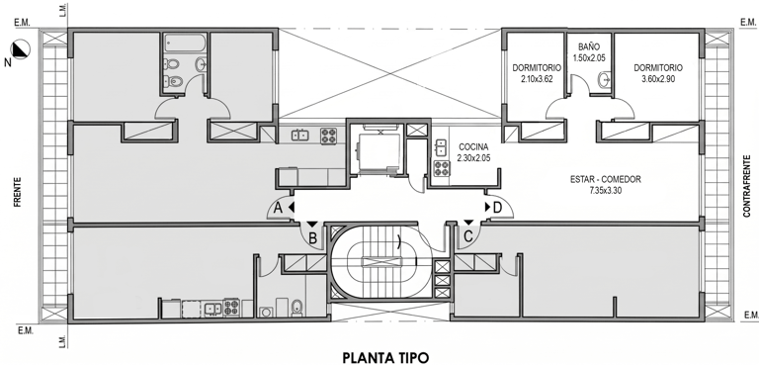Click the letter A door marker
[278, 208]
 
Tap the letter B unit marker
[312, 238]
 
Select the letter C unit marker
[468, 237]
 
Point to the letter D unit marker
[497, 208]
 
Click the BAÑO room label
[589, 47]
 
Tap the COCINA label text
[473, 146]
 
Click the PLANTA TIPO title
[385, 358]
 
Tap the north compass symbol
[22, 49]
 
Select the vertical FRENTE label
[18, 193]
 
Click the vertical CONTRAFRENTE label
[747, 186]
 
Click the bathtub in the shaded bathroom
[185, 43]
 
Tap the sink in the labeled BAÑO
[605, 80]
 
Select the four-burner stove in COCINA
[441, 168]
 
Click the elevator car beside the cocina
[379, 151]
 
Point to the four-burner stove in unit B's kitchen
[231, 308]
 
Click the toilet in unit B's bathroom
[296, 308]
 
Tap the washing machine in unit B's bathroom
[265, 313]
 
